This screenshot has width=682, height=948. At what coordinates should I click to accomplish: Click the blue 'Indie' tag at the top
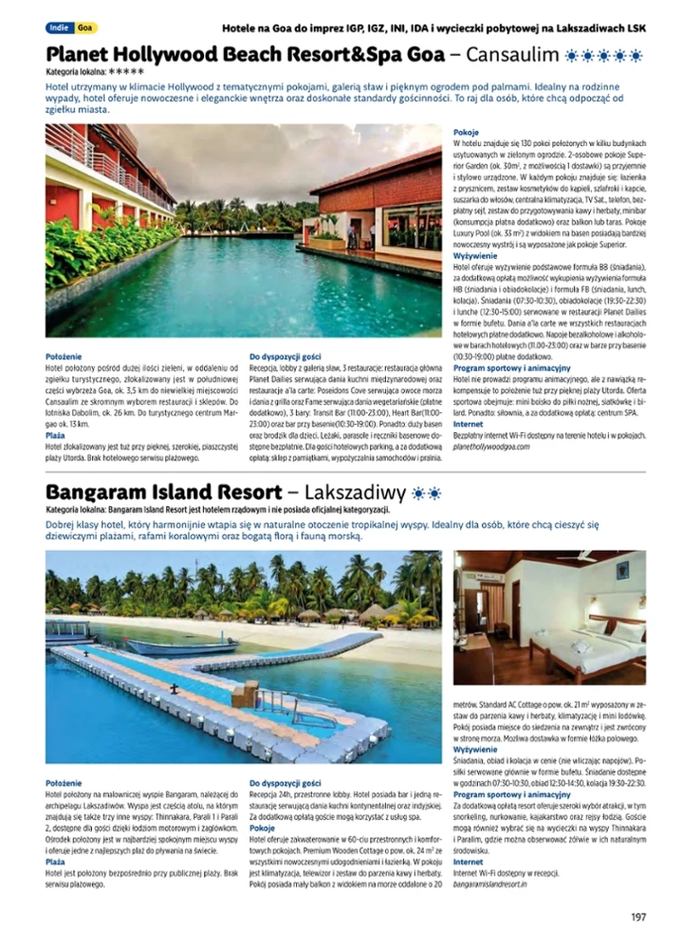click(60, 28)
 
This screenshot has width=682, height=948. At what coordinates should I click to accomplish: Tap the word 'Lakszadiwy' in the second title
click(355, 492)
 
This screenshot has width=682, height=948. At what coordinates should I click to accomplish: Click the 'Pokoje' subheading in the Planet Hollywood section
click(465, 132)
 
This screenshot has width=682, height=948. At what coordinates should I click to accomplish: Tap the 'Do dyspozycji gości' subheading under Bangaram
click(285, 783)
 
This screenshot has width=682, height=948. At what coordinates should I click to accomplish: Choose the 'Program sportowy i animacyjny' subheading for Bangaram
click(511, 795)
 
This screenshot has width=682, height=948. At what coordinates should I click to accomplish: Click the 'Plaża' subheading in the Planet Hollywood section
click(55, 435)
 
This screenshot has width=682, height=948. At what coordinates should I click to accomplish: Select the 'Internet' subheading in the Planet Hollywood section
click(468, 424)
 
